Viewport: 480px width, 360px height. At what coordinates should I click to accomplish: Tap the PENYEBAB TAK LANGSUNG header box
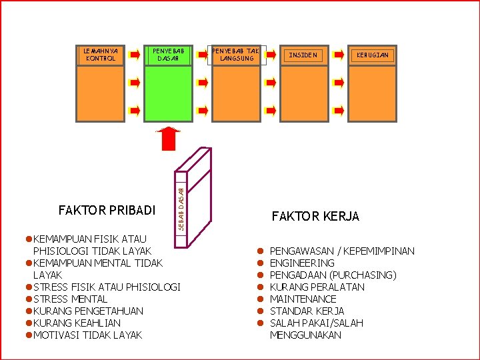[x=236, y=55]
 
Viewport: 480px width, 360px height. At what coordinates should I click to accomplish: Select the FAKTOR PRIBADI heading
[x=107, y=211]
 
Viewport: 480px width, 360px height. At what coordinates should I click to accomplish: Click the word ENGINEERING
[x=302, y=263]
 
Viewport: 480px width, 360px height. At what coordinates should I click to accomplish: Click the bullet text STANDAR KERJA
[x=307, y=311]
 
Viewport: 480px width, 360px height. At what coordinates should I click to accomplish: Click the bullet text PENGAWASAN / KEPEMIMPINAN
[x=342, y=251]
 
